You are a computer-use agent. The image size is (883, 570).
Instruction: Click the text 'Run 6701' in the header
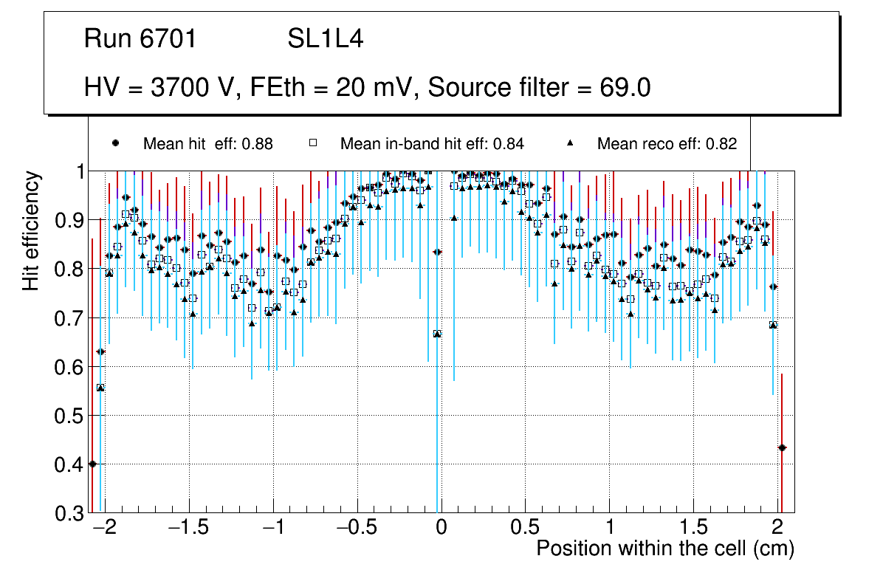pyautogui.click(x=140, y=38)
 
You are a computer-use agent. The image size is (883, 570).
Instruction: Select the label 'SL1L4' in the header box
pyautogui.click(x=325, y=38)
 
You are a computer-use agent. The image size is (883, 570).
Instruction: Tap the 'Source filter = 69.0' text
pyautogui.click(x=539, y=87)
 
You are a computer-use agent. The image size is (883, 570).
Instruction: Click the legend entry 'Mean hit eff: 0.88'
pyautogui.click(x=207, y=144)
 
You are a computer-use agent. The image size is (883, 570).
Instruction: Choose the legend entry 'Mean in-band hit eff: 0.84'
pyautogui.click(x=432, y=144)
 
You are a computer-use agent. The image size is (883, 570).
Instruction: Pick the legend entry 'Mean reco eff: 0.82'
pyautogui.click(x=667, y=144)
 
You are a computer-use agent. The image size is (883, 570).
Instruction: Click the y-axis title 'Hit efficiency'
pyautogui.click(x=31, y=230)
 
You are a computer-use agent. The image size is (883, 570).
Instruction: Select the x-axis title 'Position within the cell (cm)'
pyautogui.click(x=664, y=549)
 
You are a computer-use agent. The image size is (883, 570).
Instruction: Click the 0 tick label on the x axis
pyautogui.click(x=440, y=529)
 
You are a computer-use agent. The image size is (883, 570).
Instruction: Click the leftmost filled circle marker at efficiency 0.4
pyautogui.click(x=92, y=464)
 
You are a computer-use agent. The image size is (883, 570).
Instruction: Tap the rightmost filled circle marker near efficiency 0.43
pyautogui.click(x=782, y=447)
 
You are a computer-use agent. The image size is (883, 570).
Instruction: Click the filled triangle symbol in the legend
pyautogui.click(x=571, y=144)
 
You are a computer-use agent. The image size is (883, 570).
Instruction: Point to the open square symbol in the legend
pyautogui.click(x=313, y=144)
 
